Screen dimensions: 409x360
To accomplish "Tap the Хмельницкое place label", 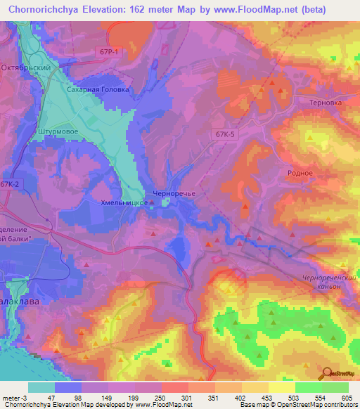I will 124,202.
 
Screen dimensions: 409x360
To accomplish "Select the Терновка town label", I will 325,102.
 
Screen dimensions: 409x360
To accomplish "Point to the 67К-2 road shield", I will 11,184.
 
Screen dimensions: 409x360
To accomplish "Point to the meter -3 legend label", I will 13,398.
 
